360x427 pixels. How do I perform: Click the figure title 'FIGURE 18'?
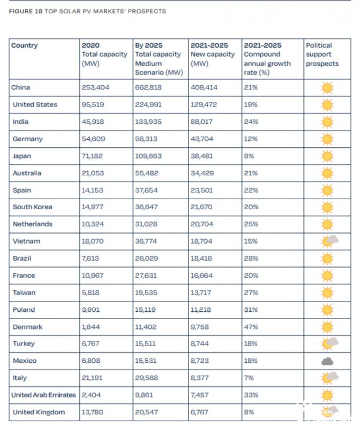point(26,11)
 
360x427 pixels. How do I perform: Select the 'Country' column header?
point(24,45)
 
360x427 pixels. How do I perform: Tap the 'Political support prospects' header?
point(322,54)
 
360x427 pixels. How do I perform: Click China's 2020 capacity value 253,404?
point(95,87)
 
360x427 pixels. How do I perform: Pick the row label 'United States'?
point(35,104)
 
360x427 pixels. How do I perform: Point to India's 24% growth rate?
point(251,122)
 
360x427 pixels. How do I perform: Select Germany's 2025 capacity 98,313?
point(146,139)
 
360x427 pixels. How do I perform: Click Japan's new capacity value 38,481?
point(202,156)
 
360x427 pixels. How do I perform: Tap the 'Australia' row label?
point(27,173)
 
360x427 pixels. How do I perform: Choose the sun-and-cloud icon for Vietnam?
point(329,241)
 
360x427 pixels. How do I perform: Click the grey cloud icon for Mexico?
point(327,361)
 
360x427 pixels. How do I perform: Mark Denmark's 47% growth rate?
point(251,327)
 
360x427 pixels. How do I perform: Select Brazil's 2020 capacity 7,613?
point(91,259)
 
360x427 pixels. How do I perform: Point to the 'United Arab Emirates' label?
point(43,395)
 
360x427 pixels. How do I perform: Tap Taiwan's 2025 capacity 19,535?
point(146,293)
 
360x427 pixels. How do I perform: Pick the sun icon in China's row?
point(327,88)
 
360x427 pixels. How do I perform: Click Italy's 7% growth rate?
point(249,378)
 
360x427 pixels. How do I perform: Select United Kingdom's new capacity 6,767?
point(200,412)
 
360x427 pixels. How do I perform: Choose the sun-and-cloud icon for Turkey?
point(329,344)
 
